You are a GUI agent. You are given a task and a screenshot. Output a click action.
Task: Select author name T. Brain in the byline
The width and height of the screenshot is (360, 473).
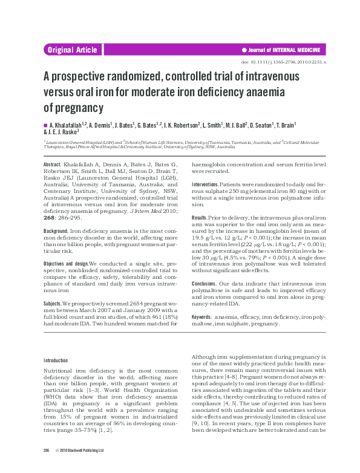[x=281, y=125]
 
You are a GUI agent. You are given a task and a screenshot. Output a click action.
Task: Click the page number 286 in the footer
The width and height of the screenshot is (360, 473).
[x=46, y=467]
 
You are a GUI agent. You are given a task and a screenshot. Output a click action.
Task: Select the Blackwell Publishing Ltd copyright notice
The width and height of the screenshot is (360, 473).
[x=79, y=467]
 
